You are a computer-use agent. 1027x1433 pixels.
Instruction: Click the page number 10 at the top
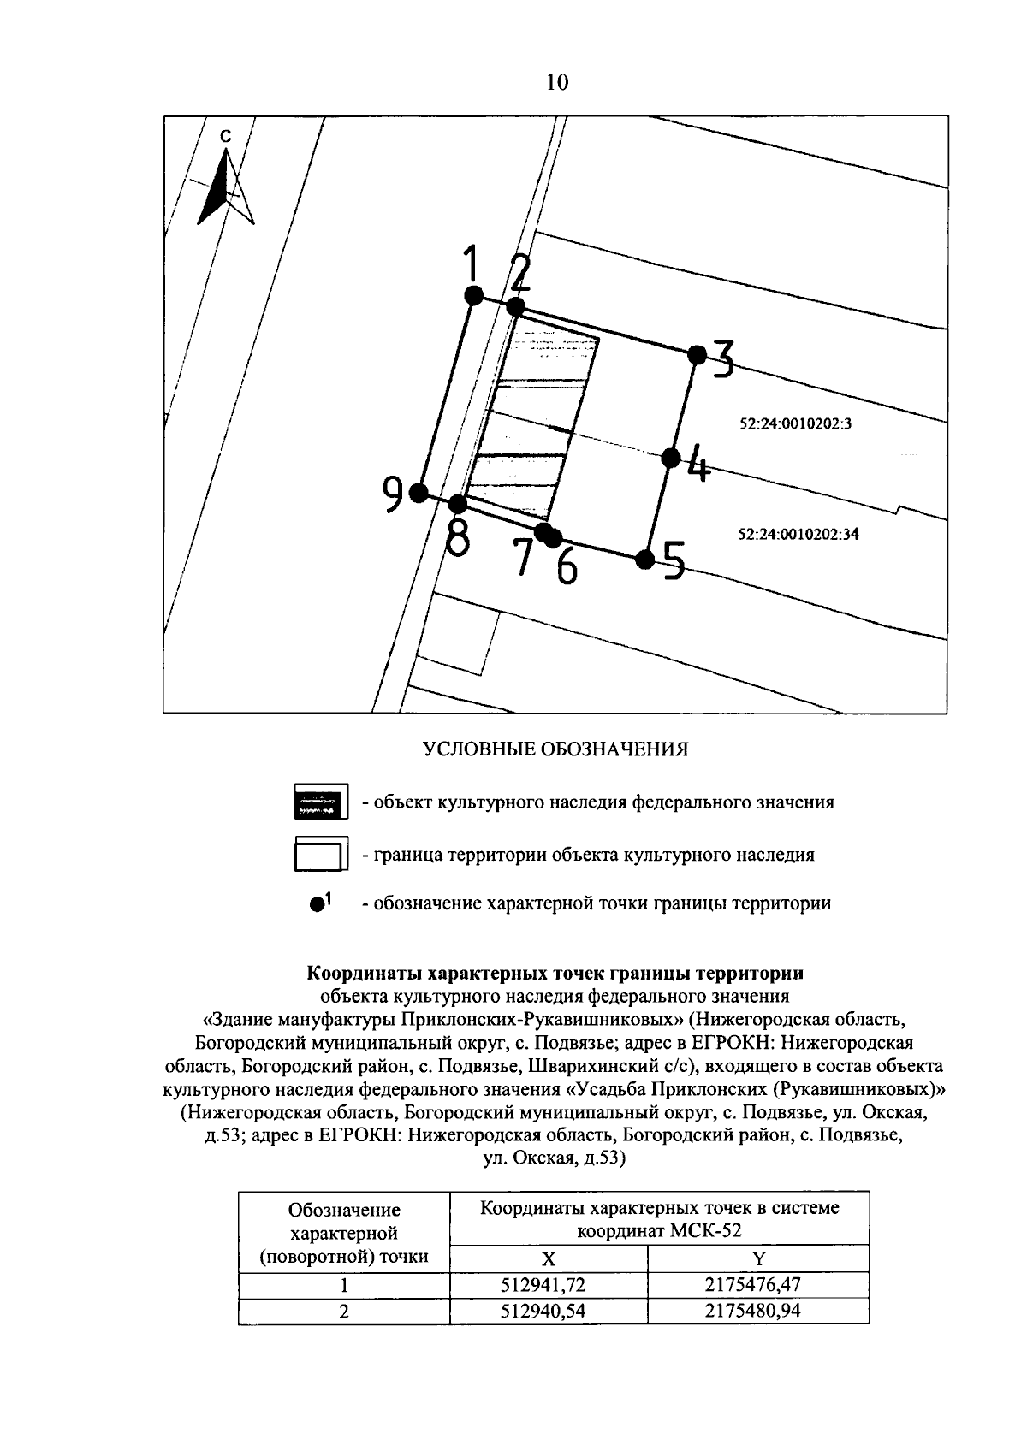(x=555, y=82)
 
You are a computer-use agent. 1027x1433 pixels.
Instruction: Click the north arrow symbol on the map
(x=226, y=185)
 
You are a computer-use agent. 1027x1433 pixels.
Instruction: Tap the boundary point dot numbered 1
(x=472, y=295)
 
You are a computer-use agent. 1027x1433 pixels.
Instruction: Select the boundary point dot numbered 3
(x=698, y=354)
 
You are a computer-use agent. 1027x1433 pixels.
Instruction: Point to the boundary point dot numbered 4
(x=672, y=458)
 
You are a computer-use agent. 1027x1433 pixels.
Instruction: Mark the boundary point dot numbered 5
(x=645, y=560)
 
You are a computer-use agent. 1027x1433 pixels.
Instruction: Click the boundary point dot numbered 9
(x=419, y=492)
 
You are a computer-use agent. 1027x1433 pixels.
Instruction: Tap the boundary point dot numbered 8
(x=459, y=503)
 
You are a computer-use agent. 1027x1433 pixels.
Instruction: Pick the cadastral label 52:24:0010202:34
(x=798, y=535)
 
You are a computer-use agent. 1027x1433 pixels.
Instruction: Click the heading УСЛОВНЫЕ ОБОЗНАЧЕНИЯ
(x=556, y=749)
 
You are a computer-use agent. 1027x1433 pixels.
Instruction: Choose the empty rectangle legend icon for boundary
(x=320, y=854)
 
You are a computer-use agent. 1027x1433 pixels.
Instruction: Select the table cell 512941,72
(x=548, y=1285)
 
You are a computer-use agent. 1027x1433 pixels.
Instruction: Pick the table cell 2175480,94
(x=758, y=1311)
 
